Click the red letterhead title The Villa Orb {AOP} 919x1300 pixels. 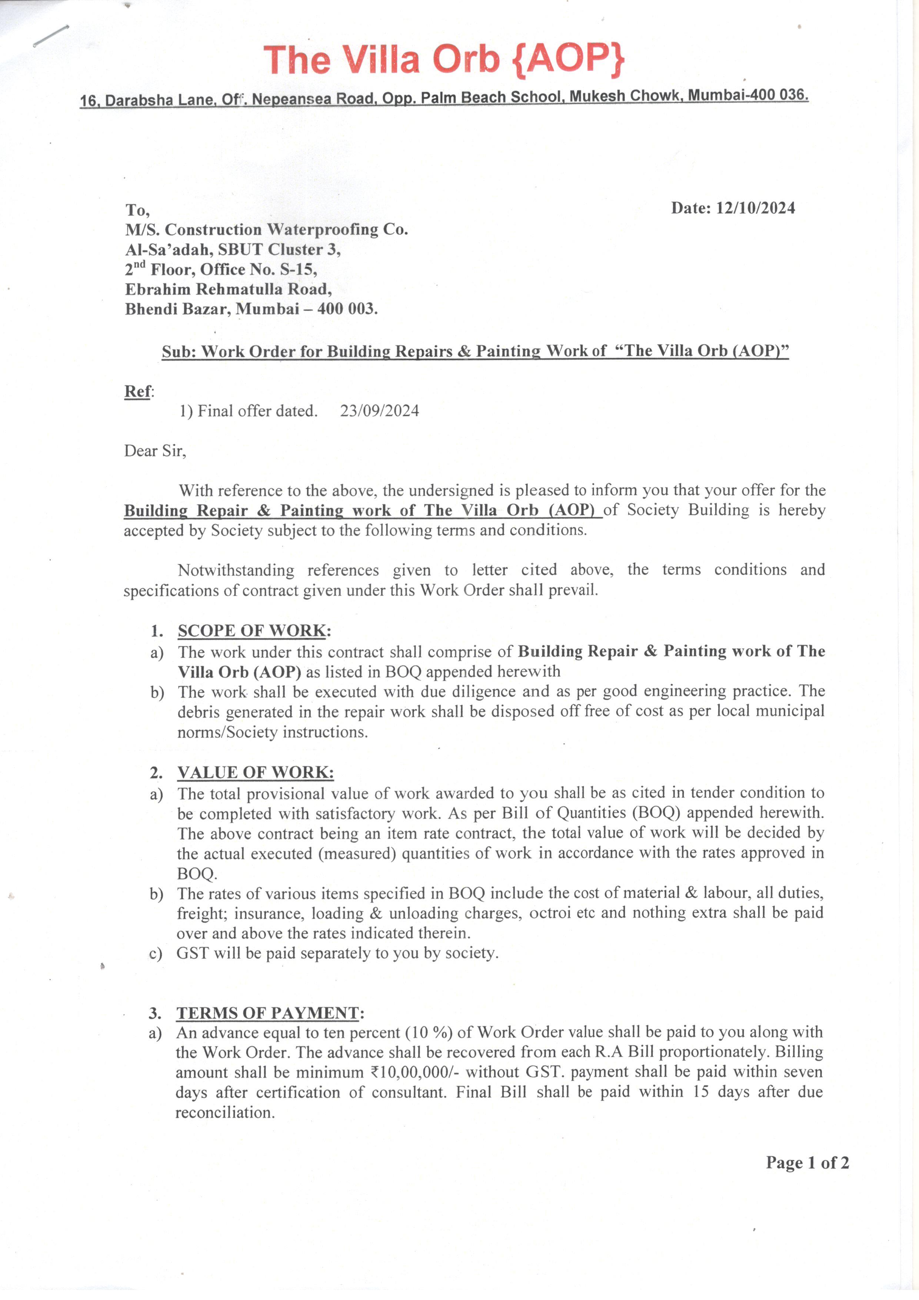tap(444, 59)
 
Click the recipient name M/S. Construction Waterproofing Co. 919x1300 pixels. tap(266, 229)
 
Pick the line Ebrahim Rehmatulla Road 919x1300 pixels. tap(228, 290)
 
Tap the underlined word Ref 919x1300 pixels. tap(137, 391)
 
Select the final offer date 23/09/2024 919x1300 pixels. tap(379, 411)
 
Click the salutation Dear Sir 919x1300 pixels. tap(154, 451)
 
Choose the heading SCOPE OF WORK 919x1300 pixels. tap(252, 631)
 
